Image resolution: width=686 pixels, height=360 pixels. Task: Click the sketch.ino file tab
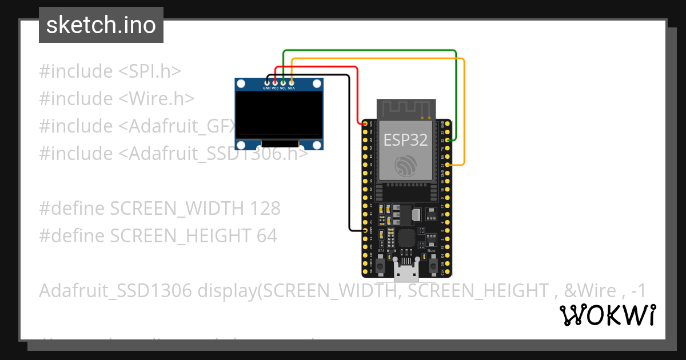pos(101,25)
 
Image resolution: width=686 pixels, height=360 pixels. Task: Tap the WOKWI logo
pos(607,315)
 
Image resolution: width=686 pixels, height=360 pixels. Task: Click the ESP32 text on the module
pos(405,140)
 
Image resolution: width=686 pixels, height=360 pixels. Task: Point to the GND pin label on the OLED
pos(266,89)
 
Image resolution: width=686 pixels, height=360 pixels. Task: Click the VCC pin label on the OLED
pos(275,89)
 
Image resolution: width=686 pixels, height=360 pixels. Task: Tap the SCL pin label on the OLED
pos(283,89)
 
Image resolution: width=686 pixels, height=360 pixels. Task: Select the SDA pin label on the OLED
pos(292,89)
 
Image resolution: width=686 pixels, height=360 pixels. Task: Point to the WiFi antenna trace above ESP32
pos(406,109)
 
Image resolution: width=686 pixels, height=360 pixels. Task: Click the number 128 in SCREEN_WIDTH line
pos(265,209)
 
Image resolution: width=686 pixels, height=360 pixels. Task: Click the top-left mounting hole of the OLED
pos(241,84)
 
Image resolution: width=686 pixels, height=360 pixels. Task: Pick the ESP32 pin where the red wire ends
pos(366,123)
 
